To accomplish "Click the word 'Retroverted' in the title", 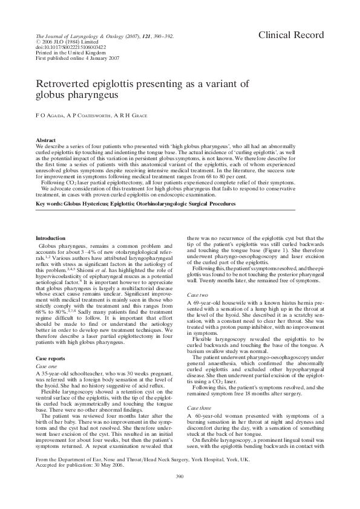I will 69,84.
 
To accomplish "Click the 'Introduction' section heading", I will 53,239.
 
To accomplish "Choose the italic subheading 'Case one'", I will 48,366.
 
